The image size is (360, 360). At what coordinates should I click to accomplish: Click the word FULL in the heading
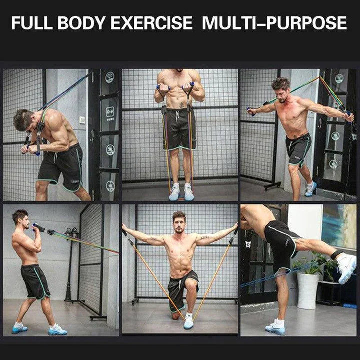[x=33, y=23]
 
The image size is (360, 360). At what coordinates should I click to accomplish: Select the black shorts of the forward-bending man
[x=62, y=165]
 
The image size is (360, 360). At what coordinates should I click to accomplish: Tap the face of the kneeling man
[x=179, y=223]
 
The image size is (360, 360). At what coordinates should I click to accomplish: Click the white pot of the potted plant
[x=307, y=290]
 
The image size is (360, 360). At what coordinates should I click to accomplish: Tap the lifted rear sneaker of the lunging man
[x=311, y=188]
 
